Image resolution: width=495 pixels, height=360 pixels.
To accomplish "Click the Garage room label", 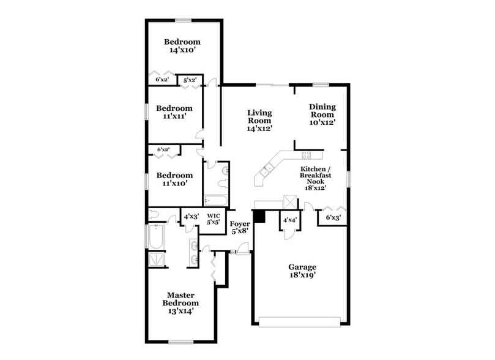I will tap(302, 267).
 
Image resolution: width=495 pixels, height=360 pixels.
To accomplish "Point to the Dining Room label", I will tap(322, 110).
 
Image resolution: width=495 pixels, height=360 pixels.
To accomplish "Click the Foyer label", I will tap(239, 223).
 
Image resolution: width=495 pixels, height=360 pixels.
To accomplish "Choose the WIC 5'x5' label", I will tap(213, 219).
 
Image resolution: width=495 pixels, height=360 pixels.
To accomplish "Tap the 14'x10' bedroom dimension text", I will tap(182, 51).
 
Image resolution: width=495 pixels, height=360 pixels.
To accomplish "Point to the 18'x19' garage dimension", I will tap(302, 276).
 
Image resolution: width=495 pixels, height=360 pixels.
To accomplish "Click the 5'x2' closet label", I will tap(190, 80).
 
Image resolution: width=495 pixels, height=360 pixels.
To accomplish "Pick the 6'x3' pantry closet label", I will tap(333, 217).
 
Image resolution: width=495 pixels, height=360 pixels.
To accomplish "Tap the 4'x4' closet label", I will tap(289, 219).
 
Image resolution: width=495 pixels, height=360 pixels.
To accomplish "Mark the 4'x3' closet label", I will tap(188, 216).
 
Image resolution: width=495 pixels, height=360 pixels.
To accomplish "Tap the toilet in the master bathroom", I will tap(154, 215).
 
